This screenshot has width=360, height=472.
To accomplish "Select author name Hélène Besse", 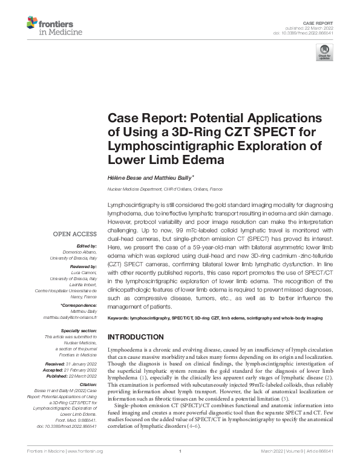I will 123,177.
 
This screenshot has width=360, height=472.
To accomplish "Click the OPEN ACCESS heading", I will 74,234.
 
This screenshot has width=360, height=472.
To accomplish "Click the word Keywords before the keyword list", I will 119,318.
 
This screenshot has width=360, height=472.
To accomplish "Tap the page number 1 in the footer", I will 180,468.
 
